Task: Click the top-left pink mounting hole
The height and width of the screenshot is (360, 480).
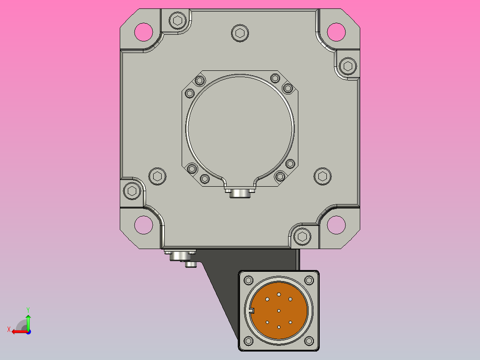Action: pyautogui.click(x=143, y=32)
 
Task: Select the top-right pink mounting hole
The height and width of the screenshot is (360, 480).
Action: pyautogui.click(x=336, y=32)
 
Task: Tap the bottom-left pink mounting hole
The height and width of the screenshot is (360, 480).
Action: pyautogui.click(x=143, y=225)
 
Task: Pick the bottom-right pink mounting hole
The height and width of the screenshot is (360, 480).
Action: pyautogui.click(x=336, y=225)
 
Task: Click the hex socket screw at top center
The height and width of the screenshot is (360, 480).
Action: pyautogui.click(x=240, y=33)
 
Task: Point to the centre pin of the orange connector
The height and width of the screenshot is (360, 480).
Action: pyautogui.click(x=279, y=311)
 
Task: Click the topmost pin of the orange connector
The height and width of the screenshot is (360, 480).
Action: pyautogui.click(x=279, y=295)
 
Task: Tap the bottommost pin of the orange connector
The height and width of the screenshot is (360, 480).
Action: pyautogui.click(x=279, y=327)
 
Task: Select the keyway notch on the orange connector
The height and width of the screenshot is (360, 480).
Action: pyautogui.click(x=252, y=311)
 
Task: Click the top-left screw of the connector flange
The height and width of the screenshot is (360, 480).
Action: pyautogui.click(x=248, y=280)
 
